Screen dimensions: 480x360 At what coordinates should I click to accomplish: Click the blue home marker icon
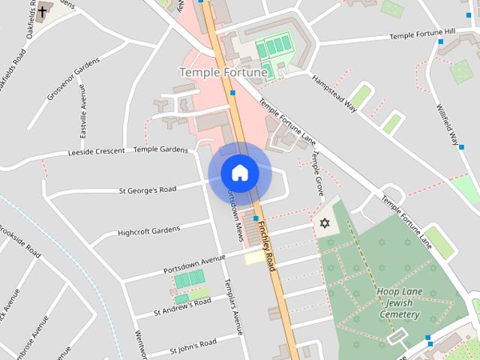(x=239, y=172)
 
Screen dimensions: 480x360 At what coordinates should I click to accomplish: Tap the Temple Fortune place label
(x=223, y=72)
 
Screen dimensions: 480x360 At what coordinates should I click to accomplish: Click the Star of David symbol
(x=325, y=223)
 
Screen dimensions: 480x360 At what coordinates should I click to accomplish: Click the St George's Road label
(x=147, y=190)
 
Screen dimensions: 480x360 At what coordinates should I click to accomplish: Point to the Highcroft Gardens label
(x=149, y=232)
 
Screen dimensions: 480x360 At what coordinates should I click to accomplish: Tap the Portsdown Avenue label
(x=194, y=264)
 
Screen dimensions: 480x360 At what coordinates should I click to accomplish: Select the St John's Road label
(x=193, y=346)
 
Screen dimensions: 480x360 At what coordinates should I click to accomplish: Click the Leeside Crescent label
(x=96, y=151)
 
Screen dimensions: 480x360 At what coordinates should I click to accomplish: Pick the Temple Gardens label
(x=160, y=149)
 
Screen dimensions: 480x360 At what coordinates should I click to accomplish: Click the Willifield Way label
(x=447, y=122)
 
